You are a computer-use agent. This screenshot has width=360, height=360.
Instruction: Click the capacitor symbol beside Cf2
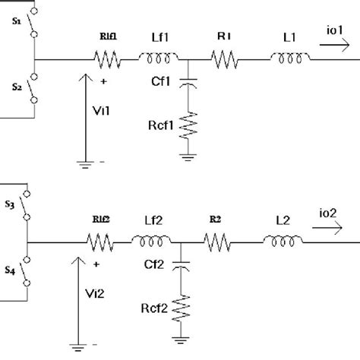click(181, 267)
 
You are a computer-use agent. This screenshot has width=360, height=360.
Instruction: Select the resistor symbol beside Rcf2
click(181, 308)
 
